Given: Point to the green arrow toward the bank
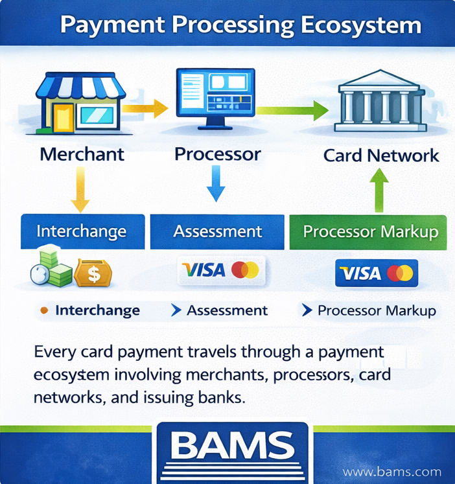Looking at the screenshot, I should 292,111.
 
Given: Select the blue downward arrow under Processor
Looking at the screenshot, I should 215,183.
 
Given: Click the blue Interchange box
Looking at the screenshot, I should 81,232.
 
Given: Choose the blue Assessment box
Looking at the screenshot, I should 218,232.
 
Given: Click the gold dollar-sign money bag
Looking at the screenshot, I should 93,273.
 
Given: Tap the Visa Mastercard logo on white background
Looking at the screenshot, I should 220,270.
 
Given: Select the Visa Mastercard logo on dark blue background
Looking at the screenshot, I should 377,273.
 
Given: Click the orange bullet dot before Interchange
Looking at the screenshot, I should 44,311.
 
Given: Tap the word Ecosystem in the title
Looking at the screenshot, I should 360,26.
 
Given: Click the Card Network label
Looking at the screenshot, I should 381,156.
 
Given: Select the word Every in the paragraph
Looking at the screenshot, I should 54,354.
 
